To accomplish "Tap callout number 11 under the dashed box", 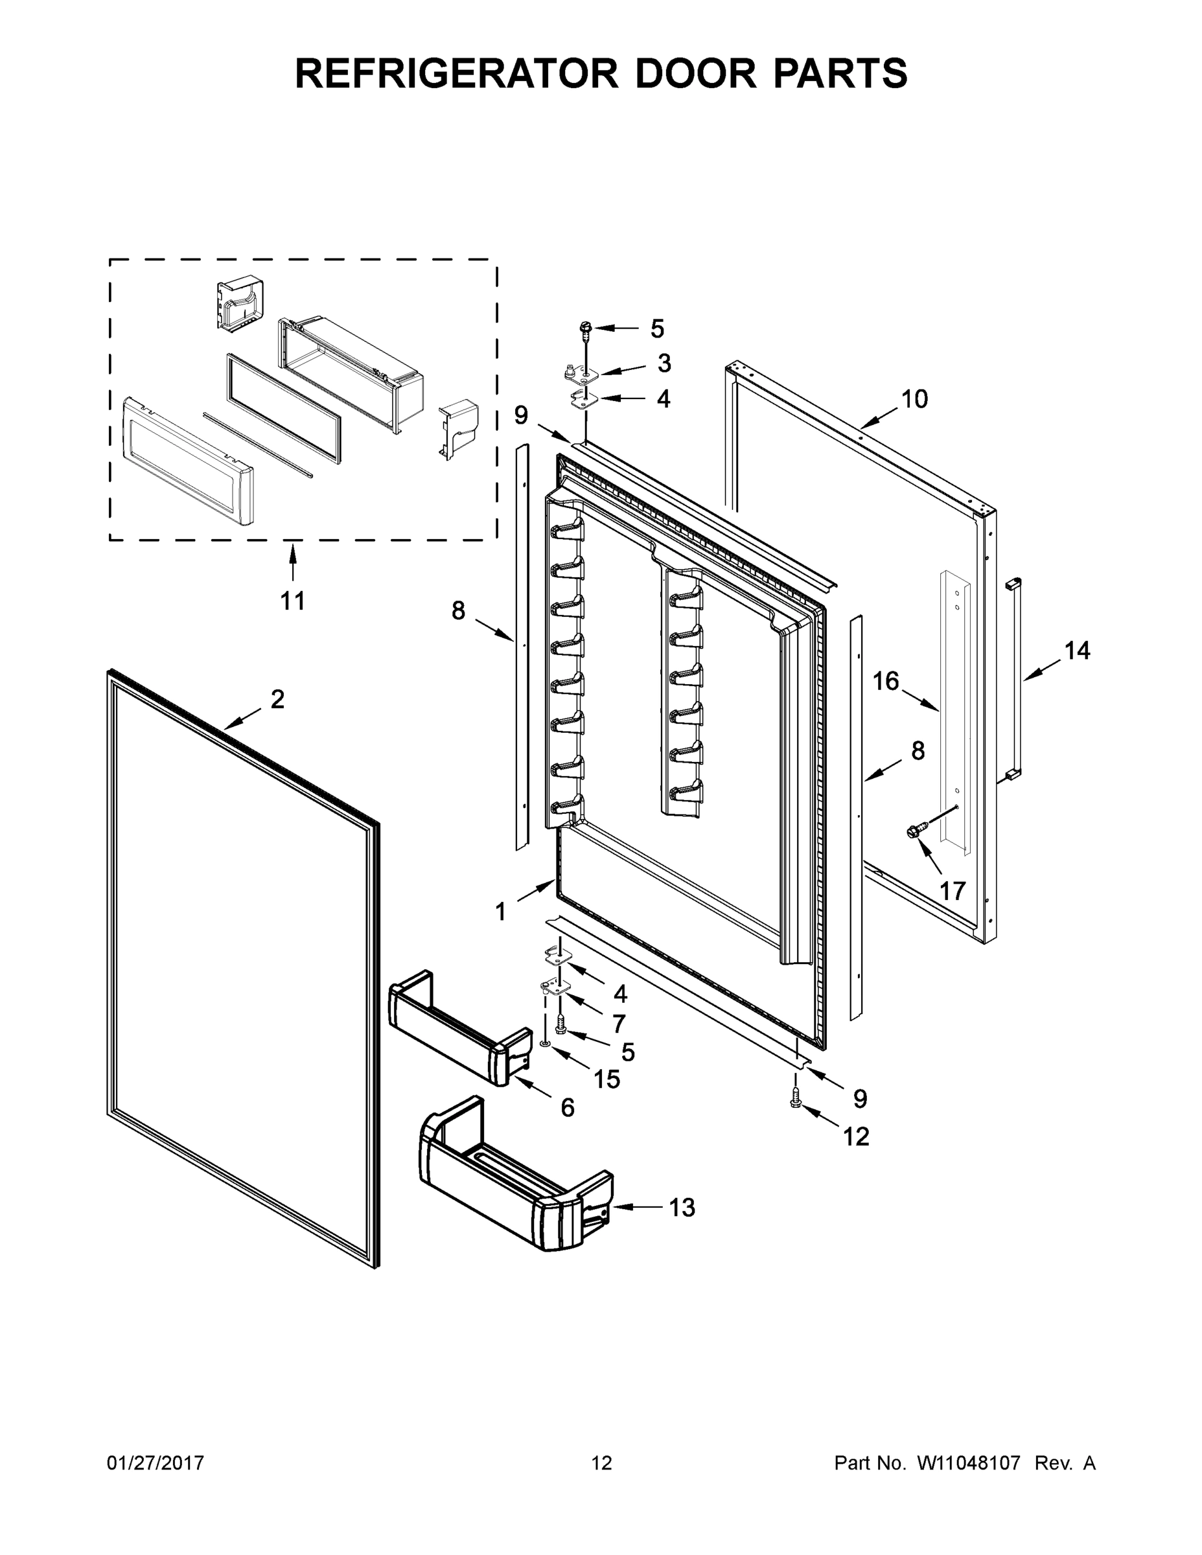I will pyautogui.click(x=292, y=601).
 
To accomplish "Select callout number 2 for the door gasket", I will pyautogui.click(x=278, y=699).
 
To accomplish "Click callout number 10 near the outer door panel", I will pyautogui.click(x=914, y=398).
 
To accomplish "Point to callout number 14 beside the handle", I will pyautogui.click(x=1077, y=650).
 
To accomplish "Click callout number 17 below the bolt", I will pyautogui.click(x=952, y=890).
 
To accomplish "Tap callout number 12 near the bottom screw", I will pyautogui.click(x=856, y=1136).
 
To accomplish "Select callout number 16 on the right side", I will pyautogui.click(x=886, y=682).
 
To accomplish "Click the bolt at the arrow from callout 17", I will pyautogui.click(x=916, y=831).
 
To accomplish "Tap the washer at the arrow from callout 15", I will pyautogui.click(x=545, y=1044).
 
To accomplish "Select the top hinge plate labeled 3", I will pyautogui.click(x=581, y=372).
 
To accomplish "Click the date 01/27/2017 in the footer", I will pyautogui.click(x=156, y=1462).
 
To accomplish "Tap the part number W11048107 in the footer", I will pyautogui.click(x=969, y=1462).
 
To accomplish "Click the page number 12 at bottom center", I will pyautogui.click(x=601, y=1462).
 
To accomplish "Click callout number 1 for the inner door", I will pyautogui.click(x=501, y=912).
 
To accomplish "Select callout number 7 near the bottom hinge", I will pyautogui.click(x=619, y=1023).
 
